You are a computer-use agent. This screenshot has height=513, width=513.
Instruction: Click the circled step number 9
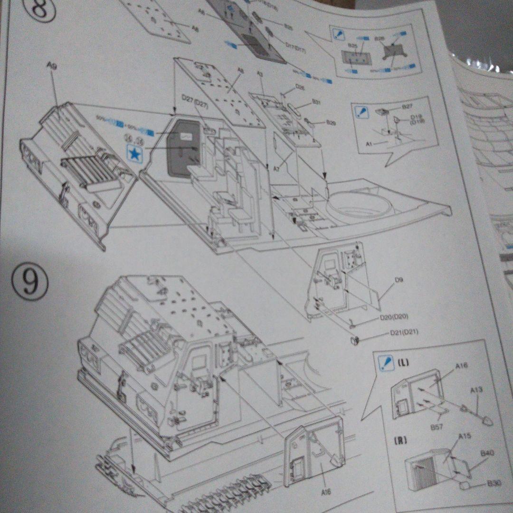click(x=29, y=281)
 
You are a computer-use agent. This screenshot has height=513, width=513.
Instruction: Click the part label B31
click(x=317, y=102)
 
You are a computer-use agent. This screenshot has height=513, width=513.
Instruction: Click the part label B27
click(x=407, y=107)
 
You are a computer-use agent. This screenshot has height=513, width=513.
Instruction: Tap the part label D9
click(x=399, y=280)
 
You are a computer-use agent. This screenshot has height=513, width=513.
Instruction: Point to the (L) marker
click(x=403, y=363)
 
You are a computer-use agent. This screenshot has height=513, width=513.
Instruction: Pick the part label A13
click(x=476, y=390)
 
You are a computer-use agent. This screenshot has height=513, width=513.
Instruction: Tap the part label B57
click(x=437, y=427)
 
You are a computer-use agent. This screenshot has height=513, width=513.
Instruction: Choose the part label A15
click(x=465, y=436)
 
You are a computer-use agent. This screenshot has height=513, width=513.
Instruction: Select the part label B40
click(x=487, y=453)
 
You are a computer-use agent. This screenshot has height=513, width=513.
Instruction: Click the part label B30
click(x=494, y=483)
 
